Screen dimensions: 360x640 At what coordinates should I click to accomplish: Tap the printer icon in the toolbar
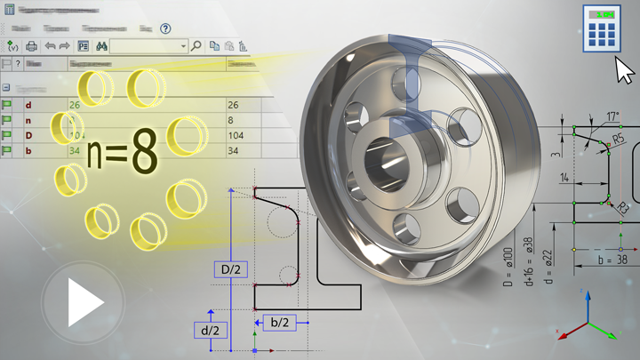[x=32, y=45]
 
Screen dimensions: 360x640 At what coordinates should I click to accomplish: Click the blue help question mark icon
[x=165, y=28]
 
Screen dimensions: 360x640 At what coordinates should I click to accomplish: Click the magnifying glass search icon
[x=196, y=45]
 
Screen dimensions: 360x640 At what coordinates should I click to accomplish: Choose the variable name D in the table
[x=29, y=135]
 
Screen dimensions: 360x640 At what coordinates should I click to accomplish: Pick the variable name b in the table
[x=29, y=151]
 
